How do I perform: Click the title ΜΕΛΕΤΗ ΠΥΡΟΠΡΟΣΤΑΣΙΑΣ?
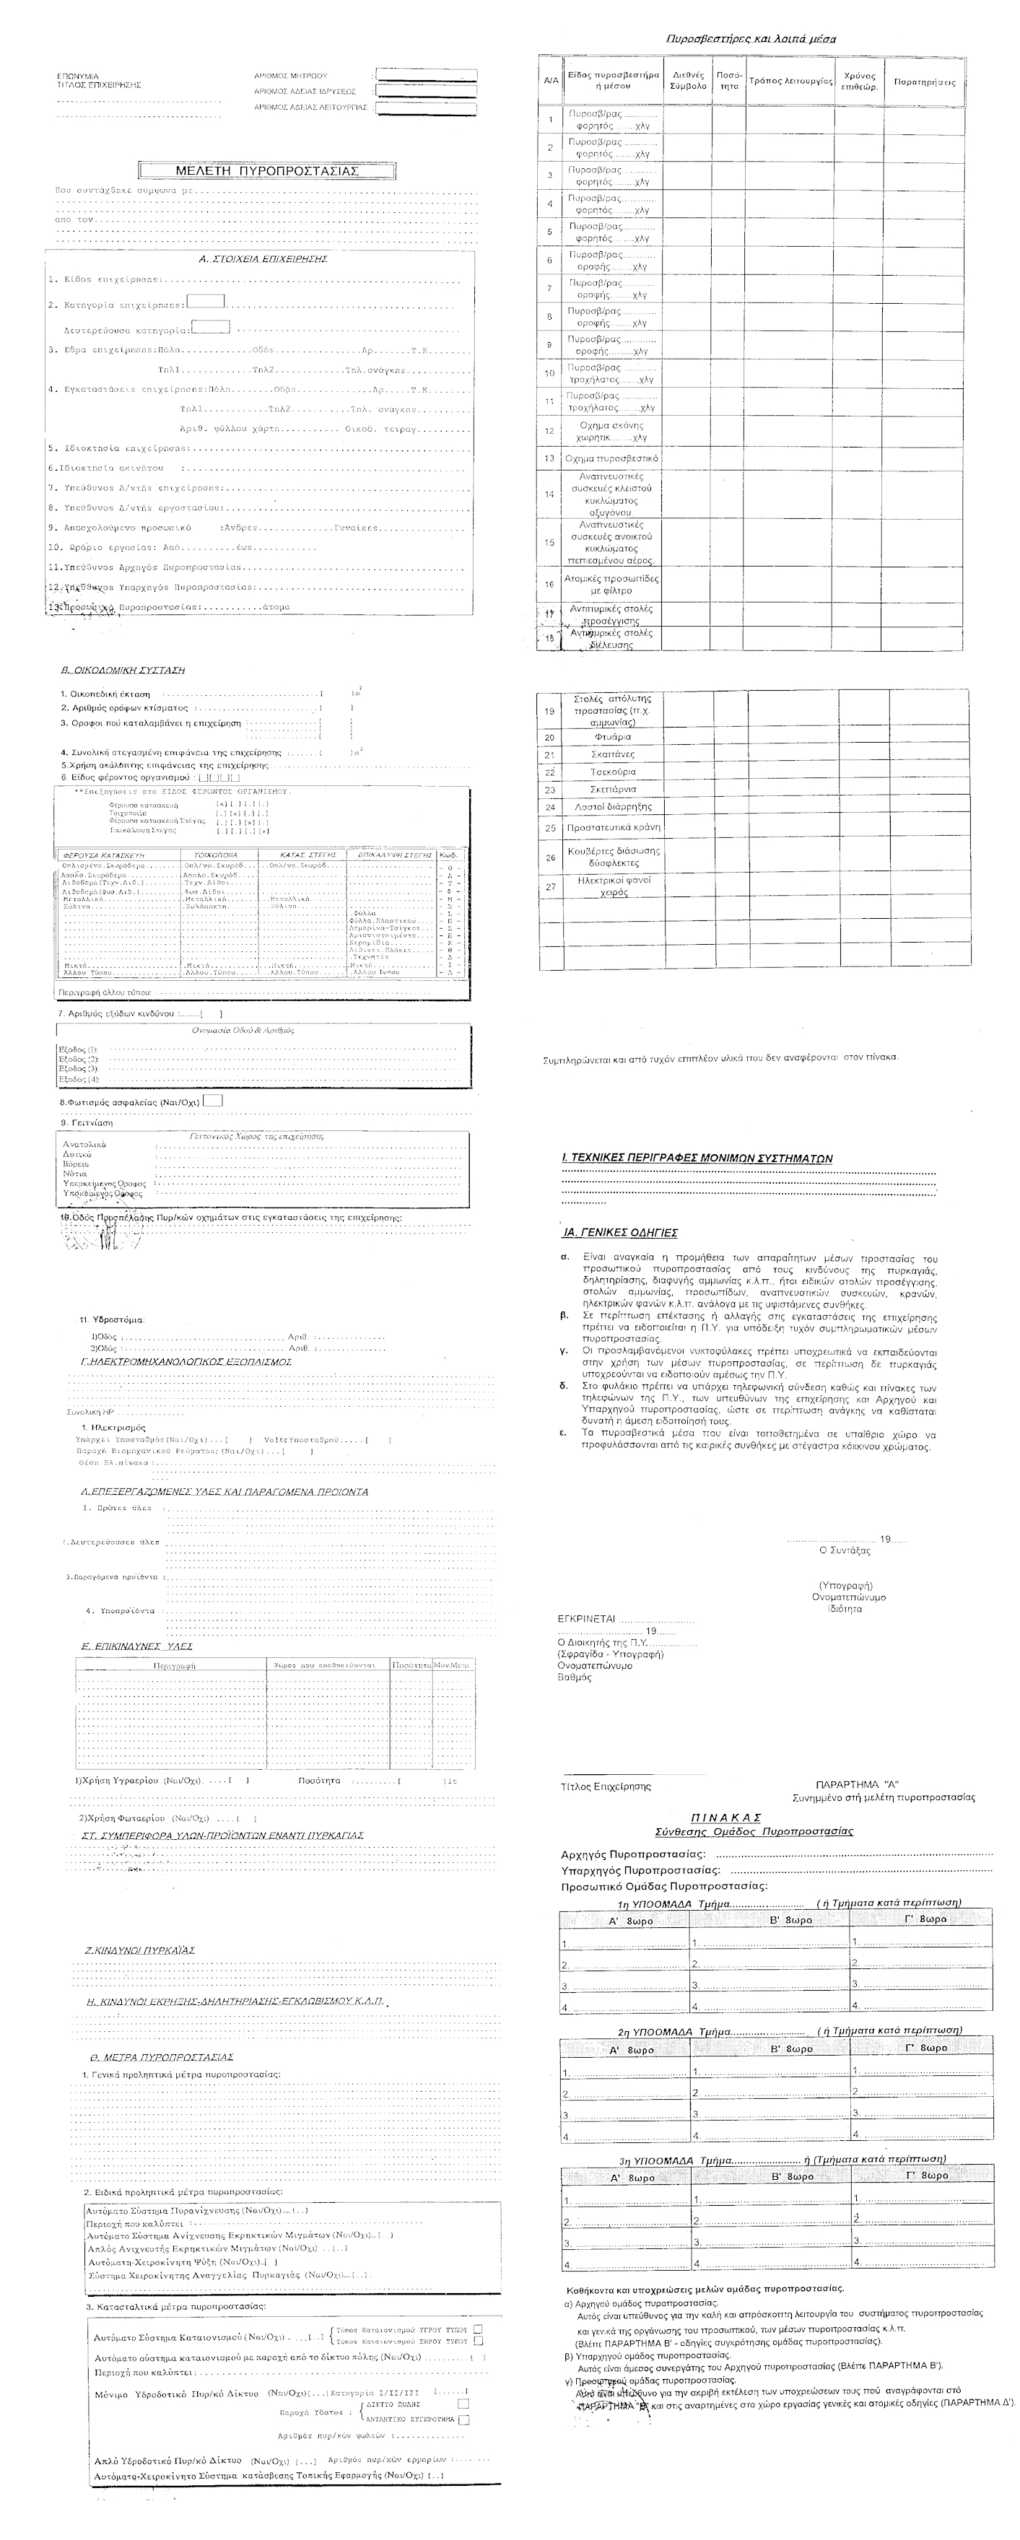coord(266,170)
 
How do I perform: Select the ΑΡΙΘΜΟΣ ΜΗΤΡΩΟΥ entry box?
coord(426,75)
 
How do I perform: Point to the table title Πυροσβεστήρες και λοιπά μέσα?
coord(751,40)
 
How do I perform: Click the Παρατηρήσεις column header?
coord(923,82)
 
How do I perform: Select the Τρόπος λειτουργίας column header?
coord(790,82)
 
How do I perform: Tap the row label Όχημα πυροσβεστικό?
coord(611,458)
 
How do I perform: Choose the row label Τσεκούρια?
coord(613,772)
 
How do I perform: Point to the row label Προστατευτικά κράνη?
coord(613,829)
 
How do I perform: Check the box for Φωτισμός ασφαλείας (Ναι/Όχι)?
coord(213,1101)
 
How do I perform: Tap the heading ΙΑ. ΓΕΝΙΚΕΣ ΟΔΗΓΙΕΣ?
coord(619,1233)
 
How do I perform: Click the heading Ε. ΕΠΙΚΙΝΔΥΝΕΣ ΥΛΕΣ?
coord(137,1646)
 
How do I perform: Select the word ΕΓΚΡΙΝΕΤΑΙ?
coord(587,1619)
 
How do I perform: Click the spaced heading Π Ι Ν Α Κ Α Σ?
coord(726,1817)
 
